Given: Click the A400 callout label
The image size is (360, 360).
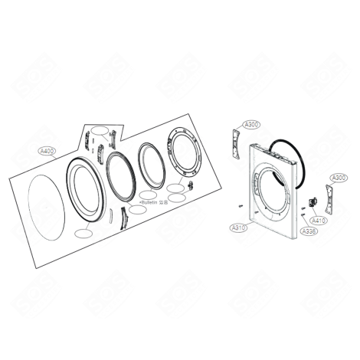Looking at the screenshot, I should [x=47, y=152].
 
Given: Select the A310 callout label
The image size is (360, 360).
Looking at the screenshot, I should [x=237, y=227].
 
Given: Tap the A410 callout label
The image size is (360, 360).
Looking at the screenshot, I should [x=319, y=220].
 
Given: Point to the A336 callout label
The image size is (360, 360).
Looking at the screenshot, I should [x=309, y=231].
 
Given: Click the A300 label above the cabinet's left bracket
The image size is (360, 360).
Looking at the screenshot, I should [x=252, y=124].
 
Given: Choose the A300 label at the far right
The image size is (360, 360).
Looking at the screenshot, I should [x=338, y=178].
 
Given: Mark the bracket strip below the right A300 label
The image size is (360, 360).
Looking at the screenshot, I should [x=331, y=198].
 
